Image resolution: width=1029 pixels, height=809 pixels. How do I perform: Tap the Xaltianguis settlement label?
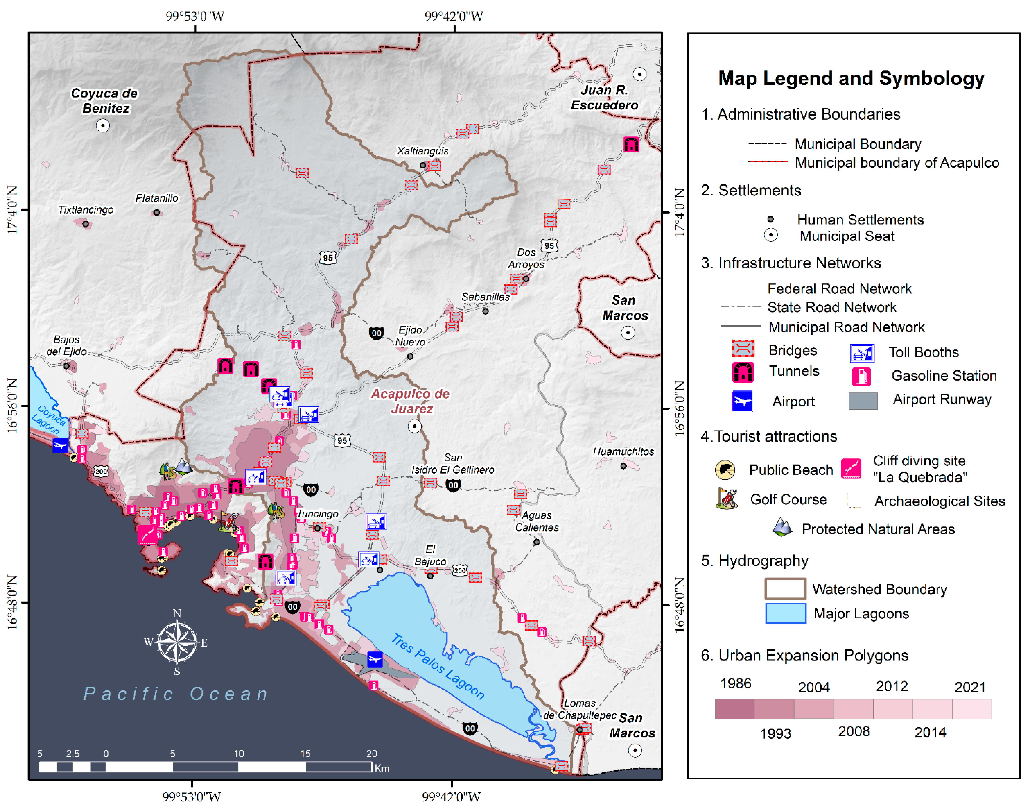coord(422,151)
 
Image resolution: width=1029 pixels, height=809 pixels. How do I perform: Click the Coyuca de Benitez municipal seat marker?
coord(103,125)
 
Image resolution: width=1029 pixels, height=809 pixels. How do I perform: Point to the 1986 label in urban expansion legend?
coord(735,684)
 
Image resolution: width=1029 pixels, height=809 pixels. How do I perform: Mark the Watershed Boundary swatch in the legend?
coord(785,589)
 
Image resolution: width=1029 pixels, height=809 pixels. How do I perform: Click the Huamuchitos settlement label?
coord(623,451)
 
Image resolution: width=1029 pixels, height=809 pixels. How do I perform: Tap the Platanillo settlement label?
coord(157,198)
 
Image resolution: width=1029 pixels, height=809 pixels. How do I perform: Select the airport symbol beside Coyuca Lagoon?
coord(60,445)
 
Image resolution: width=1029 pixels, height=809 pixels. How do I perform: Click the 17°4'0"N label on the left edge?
coord(12,210)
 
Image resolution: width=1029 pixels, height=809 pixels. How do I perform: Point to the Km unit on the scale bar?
coord(382,768)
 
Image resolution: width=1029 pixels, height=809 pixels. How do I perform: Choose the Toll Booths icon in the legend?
coord(862,353)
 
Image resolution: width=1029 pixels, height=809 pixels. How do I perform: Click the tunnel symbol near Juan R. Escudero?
coord(631,144)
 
